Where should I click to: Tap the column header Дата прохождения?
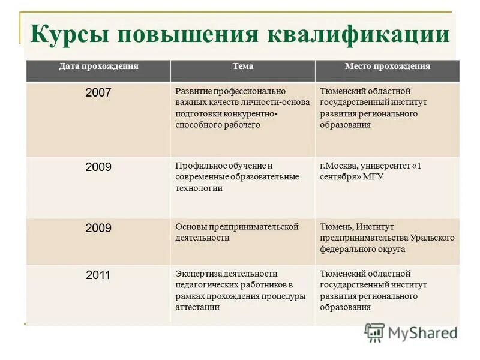98,67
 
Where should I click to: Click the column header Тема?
242,67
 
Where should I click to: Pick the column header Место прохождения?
387,67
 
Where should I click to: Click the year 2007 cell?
98,92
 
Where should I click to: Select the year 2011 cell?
98,275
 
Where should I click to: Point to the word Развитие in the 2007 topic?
194,91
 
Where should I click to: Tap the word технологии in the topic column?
199,188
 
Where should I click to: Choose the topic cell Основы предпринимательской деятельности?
236,232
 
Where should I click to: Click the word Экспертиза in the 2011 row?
199,274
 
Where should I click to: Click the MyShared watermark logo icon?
374,332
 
